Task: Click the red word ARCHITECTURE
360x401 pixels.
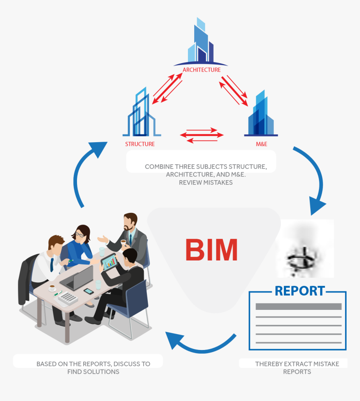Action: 201,70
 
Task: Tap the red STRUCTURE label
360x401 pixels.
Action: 140,144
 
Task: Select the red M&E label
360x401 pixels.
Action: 262,144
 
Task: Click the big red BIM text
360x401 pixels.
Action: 211,250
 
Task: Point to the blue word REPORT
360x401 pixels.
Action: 300,291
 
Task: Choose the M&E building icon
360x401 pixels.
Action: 261,114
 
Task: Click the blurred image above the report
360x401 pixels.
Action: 305,248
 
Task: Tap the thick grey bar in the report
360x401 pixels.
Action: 298,306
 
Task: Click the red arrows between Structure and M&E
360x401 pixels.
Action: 202,135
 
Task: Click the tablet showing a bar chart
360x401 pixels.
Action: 109,262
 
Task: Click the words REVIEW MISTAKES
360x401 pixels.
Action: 206,182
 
